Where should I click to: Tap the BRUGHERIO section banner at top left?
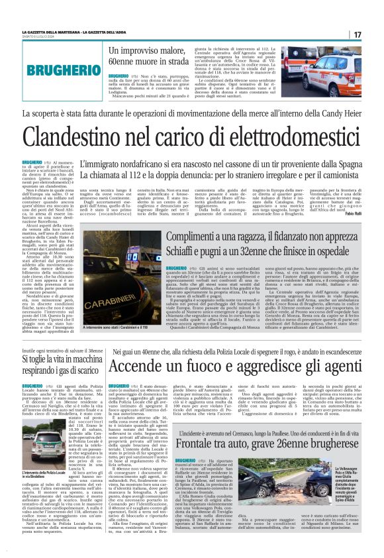tap(49, 69)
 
